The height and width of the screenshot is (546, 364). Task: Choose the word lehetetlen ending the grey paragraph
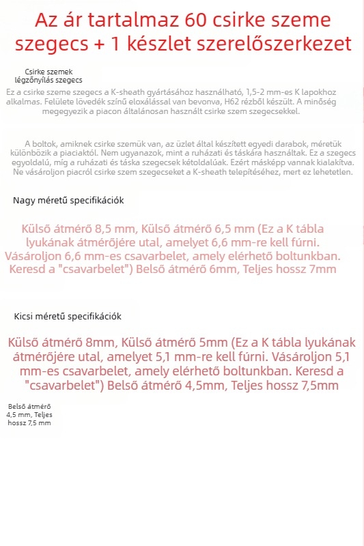tap(331, 172)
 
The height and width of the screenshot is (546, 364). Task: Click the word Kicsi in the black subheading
tap(26, 317)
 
